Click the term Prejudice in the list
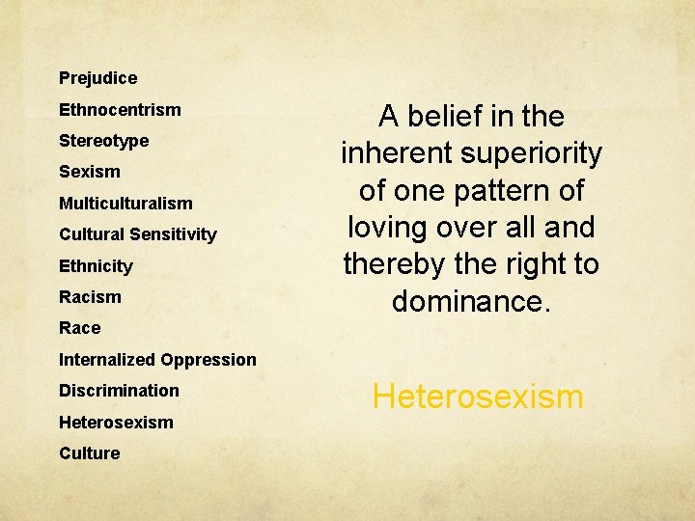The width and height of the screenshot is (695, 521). click(x=97, y=78)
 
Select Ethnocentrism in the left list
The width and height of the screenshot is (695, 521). click(x=120, y=110)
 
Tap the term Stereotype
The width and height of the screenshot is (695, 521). click(x=103, y=141)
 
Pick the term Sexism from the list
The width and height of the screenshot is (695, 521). click(x=90, y=172)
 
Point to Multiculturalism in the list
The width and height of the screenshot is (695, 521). click(x=125, y=204)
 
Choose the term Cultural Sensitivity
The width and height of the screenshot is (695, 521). click(x=138, y=234)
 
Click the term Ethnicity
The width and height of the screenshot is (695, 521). click(x=96, y=266)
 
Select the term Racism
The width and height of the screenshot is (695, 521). click(x=90, y=297)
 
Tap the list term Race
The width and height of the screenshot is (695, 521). click(x=79, y=328)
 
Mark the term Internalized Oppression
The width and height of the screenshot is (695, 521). click(x=157, y=360)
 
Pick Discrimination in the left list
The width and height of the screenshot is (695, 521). click(x=119, y=391)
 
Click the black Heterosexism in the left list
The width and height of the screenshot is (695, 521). click(x=116, y=423)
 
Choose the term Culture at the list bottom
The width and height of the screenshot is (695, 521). click(x=89, y=453)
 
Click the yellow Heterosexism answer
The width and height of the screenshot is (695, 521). click(x=478, y=397)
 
